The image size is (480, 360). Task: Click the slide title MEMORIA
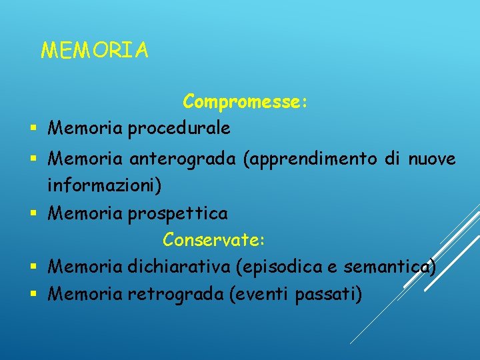(95, 50)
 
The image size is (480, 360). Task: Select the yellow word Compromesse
(244, 102)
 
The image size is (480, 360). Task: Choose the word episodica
(276, 267)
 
